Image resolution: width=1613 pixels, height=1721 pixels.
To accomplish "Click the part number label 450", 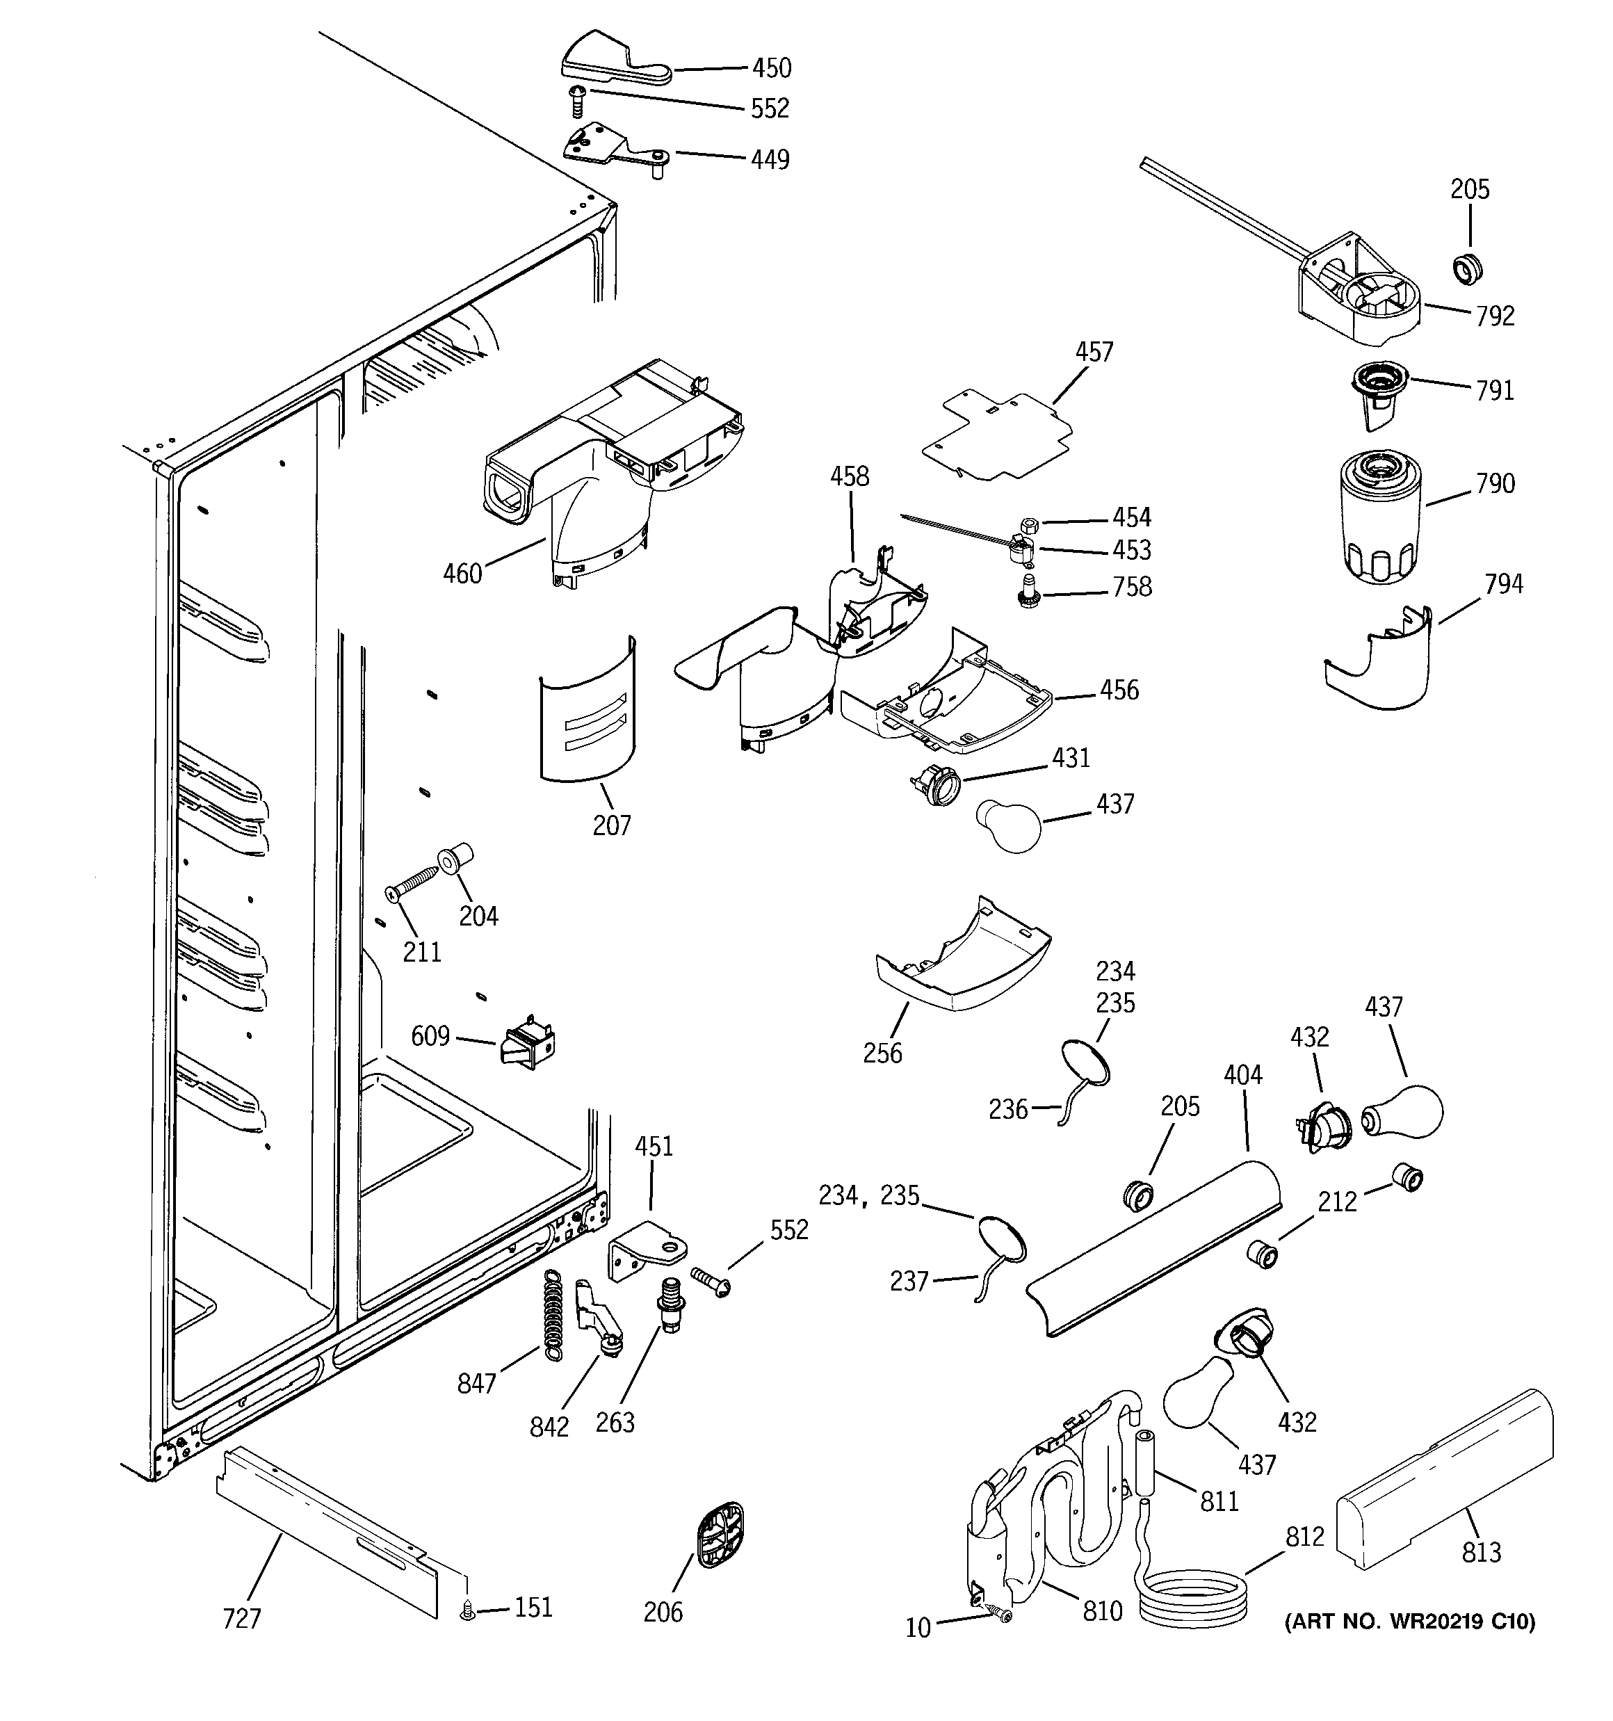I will (770, 67).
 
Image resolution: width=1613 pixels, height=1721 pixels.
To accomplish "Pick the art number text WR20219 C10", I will (1409, 1621).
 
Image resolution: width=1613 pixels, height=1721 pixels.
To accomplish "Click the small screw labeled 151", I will (467, 1609).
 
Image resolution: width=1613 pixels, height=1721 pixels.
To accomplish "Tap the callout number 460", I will (462, 573).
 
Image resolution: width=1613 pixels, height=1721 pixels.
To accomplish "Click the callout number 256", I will (882, 1053).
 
